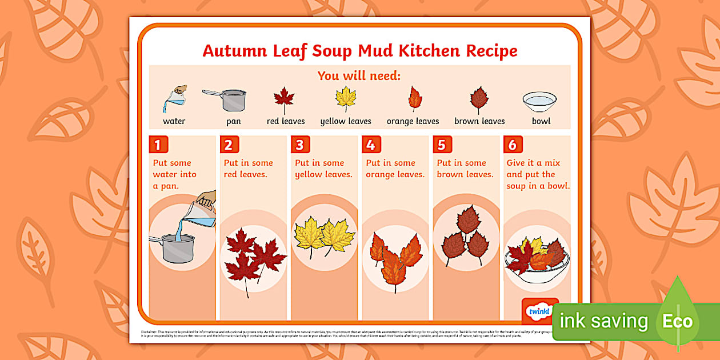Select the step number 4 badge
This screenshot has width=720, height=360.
[x=370, y=144]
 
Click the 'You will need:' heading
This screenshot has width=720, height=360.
[x=359, y=76]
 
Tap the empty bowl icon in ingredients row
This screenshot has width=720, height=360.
[x=539, y=102]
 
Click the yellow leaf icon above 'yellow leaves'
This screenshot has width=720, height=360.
[x=346, y=98]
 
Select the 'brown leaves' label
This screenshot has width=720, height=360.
[x=479, y=121]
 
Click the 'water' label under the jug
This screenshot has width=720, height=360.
[x=174, y=121]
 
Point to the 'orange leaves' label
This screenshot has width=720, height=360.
[x=413, y=121]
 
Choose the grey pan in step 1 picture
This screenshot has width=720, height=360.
[x=175, y=249]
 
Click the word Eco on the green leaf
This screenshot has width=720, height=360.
[x=677, y=321]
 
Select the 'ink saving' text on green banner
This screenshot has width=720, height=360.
[x=603, y=321]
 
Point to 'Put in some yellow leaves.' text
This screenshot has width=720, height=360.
[x=323, y=169]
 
